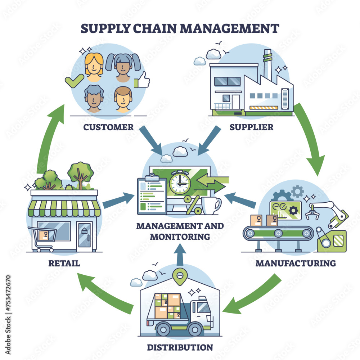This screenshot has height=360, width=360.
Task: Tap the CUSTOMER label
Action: pyautogui.click(x=108, y=127)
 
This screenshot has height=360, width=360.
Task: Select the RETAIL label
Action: pyautogui.click(x=64, y=263)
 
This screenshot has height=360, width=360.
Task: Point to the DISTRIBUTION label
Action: pyautogui.click(x=180, y=347)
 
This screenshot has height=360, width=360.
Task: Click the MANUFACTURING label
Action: pyautogui.click(x=295, y=263)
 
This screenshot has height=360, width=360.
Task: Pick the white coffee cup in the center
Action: pyautogui.click(x=210, y=205)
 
